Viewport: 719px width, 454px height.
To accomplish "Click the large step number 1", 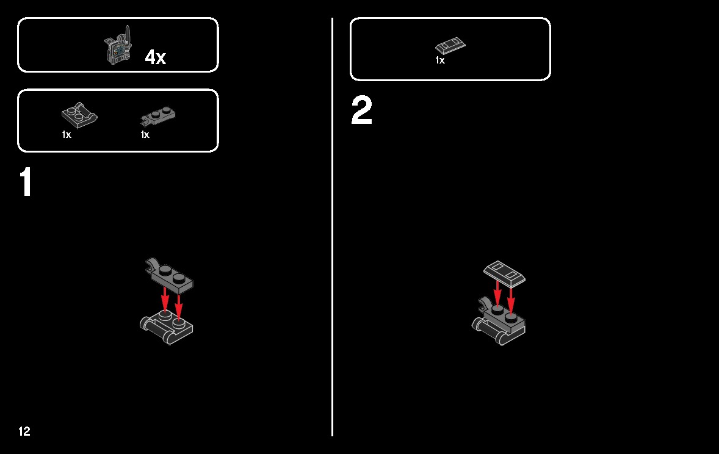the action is (x=26, y=182).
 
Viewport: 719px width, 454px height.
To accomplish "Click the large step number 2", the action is (x=361, y=110).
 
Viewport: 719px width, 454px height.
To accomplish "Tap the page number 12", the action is (x=24, y=431).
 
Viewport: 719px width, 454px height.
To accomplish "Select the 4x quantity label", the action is (x=156, y=57).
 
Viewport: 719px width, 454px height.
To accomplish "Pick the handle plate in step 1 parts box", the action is (x=79, y=115).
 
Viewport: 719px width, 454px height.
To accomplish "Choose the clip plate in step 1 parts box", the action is (x=157, y=116).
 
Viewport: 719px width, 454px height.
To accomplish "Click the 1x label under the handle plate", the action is (x=67, y=134).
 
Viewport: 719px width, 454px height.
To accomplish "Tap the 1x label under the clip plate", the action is (x=145, y=134).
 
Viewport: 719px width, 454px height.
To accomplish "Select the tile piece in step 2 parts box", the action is (x=450, y=46).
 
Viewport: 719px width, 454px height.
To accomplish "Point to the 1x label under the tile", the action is (x=439, y=60).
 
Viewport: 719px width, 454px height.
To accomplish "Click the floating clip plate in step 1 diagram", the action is (x=170, y=275).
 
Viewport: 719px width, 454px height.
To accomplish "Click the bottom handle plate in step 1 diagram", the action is (x=167, y=326).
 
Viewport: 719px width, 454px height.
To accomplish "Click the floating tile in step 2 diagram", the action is (x=504, y=274).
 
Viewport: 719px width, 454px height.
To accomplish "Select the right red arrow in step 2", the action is (x=511, y=300).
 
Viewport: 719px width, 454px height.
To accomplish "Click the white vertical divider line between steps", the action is (x=333, y=227).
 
